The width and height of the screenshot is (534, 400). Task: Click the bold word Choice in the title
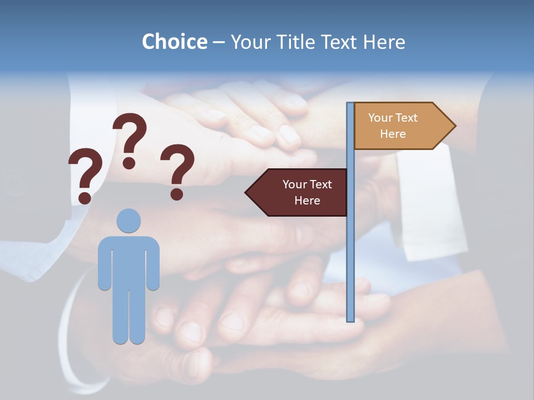point(174,42)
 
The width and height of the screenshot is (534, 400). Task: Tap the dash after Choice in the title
point(219,43)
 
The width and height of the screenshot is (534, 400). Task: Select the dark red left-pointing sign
point(300,192)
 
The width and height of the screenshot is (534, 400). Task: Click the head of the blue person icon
point(128,221)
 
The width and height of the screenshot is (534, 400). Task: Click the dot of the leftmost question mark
point(85,197)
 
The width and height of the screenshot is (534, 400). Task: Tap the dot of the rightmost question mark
point(177,193)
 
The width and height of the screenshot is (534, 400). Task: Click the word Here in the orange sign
point(393,134)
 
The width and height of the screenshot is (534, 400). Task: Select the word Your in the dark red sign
point(292,184)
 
